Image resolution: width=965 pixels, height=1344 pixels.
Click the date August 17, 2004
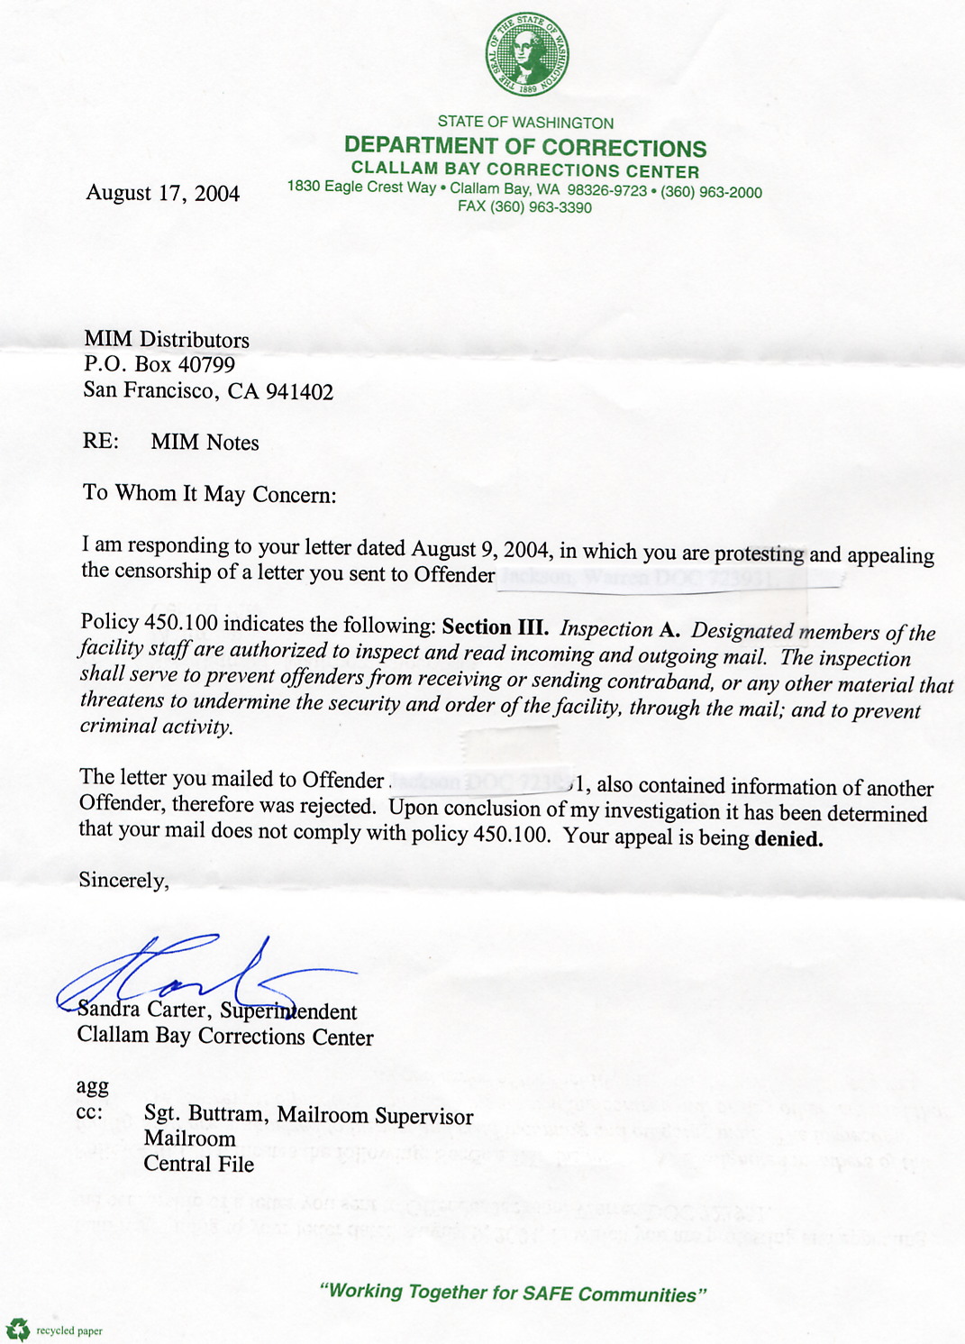coord(162,193)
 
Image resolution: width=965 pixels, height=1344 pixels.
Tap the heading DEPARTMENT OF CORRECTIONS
coord(525,147)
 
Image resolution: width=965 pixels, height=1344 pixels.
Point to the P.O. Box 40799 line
coord(159,364)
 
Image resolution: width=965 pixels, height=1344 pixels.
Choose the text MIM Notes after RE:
coord(205,443)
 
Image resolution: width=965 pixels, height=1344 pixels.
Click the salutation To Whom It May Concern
coord(209,494)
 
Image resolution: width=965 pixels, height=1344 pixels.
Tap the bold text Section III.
coord(495,627)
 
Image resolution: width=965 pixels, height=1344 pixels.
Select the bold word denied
coord(788,838)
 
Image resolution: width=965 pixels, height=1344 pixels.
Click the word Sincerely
coord(123,880)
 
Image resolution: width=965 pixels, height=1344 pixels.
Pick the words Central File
coord(198,1164)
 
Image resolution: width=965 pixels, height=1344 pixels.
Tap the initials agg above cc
coord(92,1086)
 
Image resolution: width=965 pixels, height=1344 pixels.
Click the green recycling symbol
coord(17,1329)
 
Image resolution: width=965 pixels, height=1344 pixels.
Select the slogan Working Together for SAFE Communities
coord(513,1293)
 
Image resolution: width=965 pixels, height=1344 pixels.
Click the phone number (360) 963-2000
coord(711,192)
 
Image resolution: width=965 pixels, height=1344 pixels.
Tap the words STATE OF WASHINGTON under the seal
coord(525,123)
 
